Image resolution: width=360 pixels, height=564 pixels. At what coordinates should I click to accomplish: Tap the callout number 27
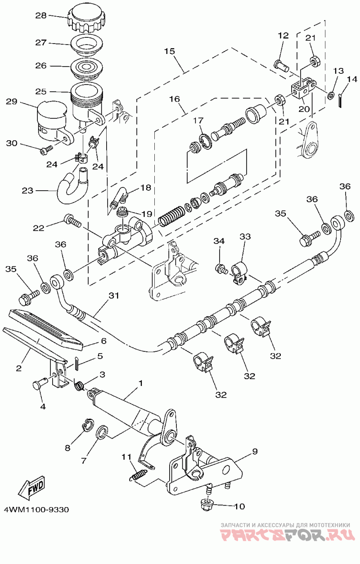click(41, 43)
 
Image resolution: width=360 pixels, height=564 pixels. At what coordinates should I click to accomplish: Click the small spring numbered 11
click(138, 474)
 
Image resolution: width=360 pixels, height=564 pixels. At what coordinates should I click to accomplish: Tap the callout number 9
click(255, 452)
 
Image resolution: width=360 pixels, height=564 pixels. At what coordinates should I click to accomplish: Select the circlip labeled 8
click(88, 425)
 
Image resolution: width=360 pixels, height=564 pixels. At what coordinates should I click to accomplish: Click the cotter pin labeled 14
click(340, 100)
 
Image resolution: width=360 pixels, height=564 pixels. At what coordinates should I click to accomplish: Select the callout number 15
click(169, 51)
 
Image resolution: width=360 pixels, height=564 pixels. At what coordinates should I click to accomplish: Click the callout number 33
click(245, 237)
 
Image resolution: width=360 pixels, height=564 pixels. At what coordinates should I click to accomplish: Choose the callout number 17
click(198, 121)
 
